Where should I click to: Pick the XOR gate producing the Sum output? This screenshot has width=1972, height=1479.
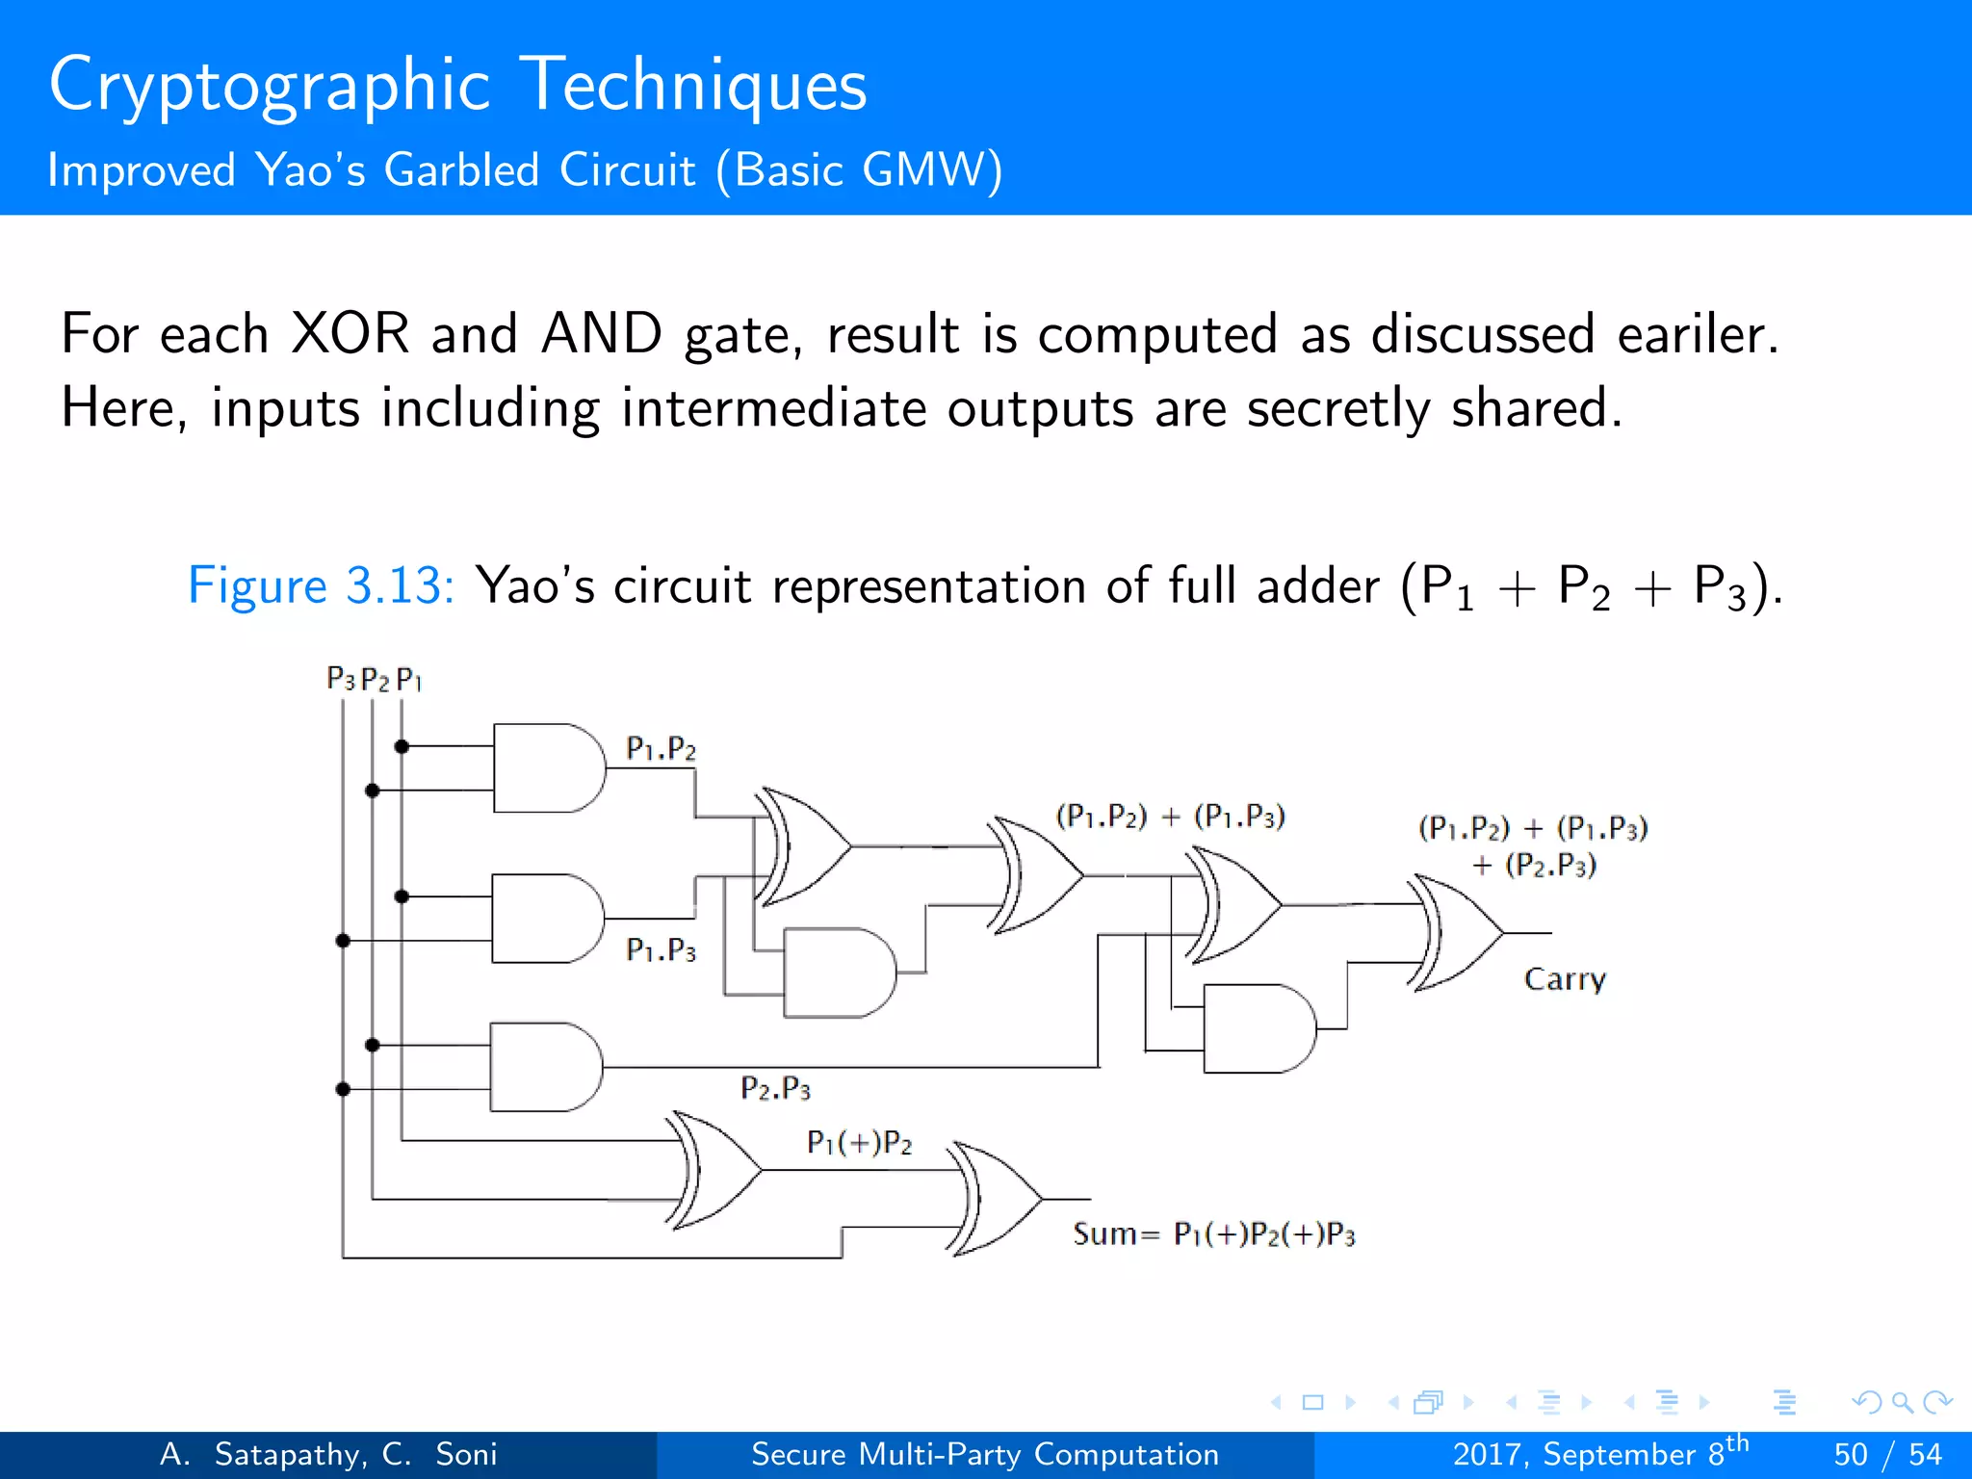[x=997, y=1199]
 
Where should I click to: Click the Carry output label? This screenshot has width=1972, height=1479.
[x=1565, y=980]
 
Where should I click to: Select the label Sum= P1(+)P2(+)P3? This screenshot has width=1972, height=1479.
[x=1213, y=1234]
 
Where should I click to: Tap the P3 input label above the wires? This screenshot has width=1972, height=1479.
[x=340, y=679]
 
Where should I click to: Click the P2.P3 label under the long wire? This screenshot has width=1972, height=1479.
[x=775, y=1089]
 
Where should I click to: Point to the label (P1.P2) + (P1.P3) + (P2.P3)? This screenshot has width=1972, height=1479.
[x=1533, y=845]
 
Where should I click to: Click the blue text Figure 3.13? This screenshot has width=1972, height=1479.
[x=321, y=585]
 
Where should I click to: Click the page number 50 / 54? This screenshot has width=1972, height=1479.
[x=1887, y=1454]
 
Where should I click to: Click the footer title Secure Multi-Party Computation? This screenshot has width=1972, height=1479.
[x=984, y=1454]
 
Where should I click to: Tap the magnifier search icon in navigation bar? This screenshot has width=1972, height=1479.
[x=1901, y=1402]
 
